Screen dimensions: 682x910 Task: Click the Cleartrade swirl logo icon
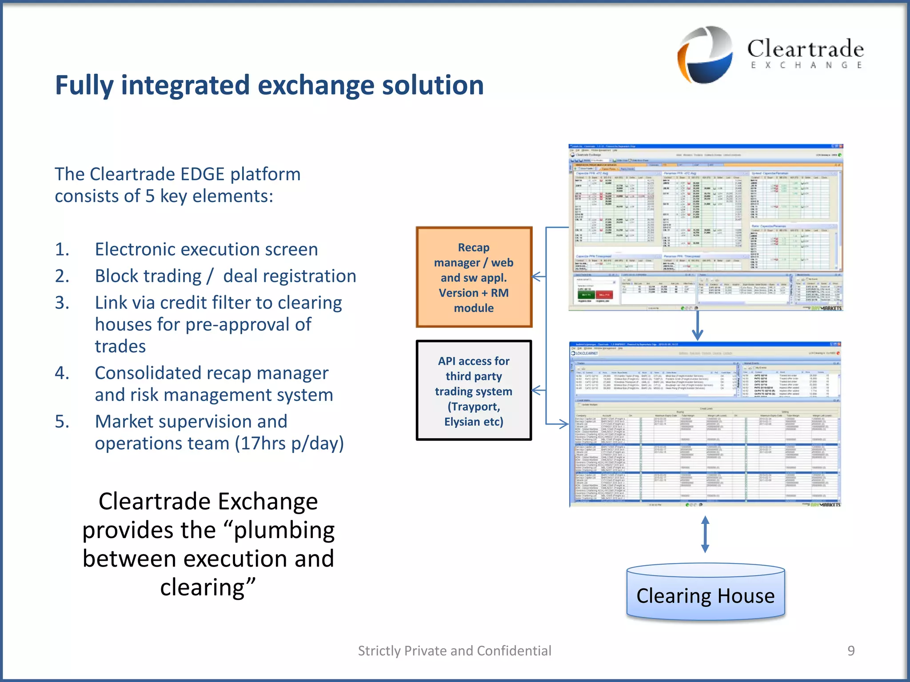point(705,54)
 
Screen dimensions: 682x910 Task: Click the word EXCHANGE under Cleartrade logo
point(806,65)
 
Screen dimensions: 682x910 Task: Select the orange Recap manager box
point(474,277)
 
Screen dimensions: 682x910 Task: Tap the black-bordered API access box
point(474,391)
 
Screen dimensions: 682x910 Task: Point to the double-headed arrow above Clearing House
point(705,534)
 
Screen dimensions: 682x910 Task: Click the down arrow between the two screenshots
point(698,326)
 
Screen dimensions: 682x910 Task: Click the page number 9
point(851,650)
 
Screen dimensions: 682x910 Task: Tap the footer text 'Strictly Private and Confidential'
point(455,650)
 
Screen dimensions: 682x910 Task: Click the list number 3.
point(62,303)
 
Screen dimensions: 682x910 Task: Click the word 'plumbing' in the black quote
point(284,530)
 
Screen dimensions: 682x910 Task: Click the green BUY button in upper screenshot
point(586,294)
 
